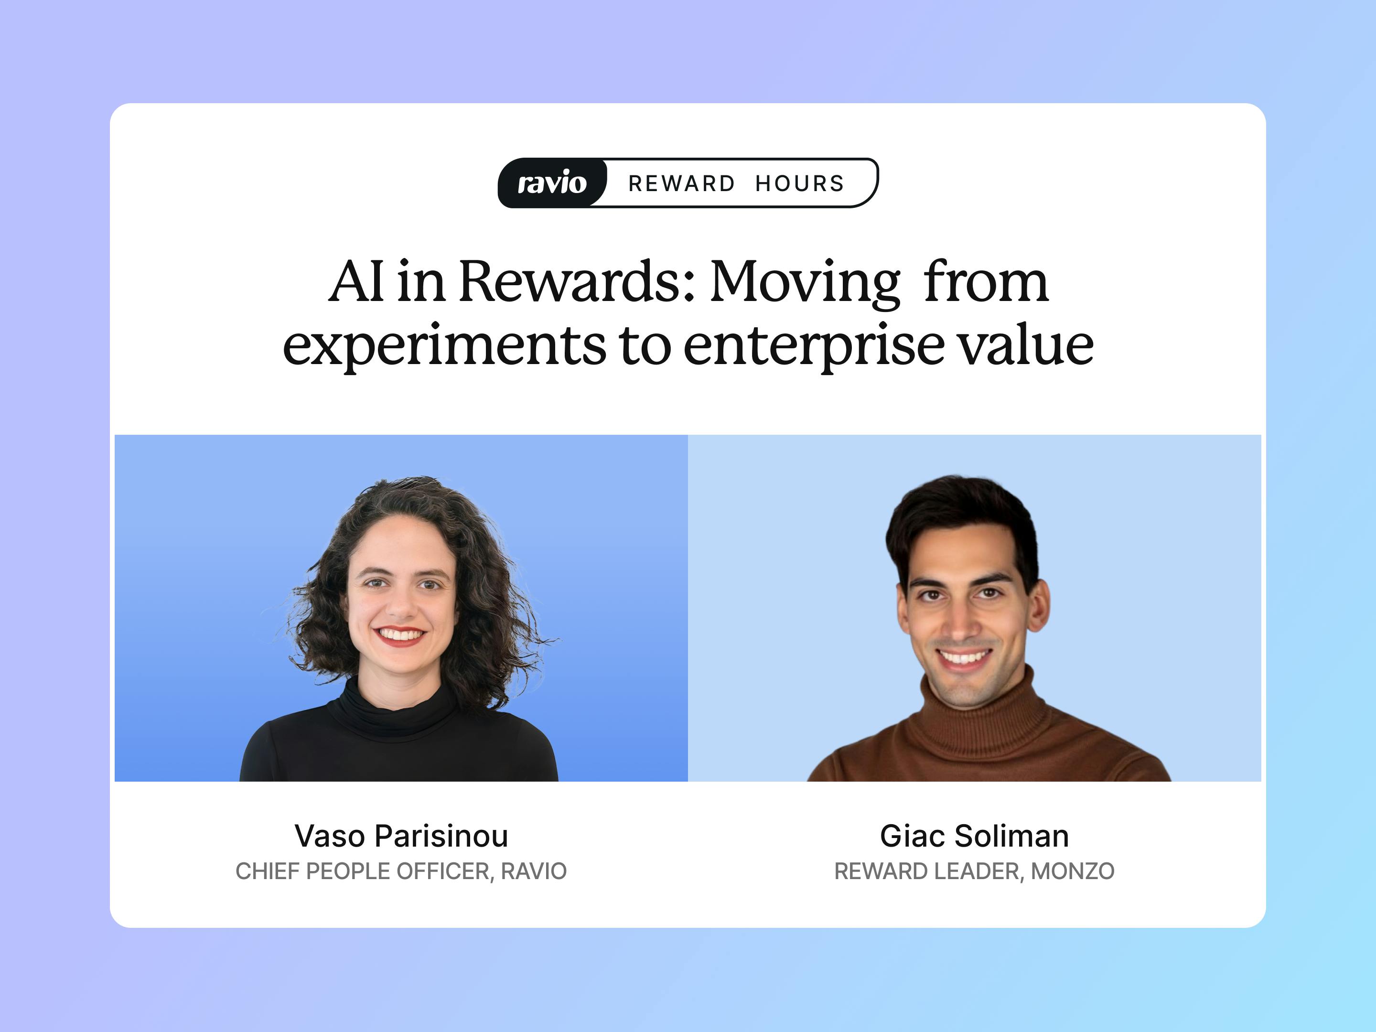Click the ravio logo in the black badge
[x=552, y=183]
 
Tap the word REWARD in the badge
[x=682, y=183]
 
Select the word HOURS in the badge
[x=800, y=183]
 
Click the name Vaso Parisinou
[x=401, y=836]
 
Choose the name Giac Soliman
[x=974, y=836]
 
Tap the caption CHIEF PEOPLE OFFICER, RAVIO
[x=401, y=871]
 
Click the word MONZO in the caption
[x=1073, y=871]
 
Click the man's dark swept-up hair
[x=961, y=516]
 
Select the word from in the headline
[x=986, y=282]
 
